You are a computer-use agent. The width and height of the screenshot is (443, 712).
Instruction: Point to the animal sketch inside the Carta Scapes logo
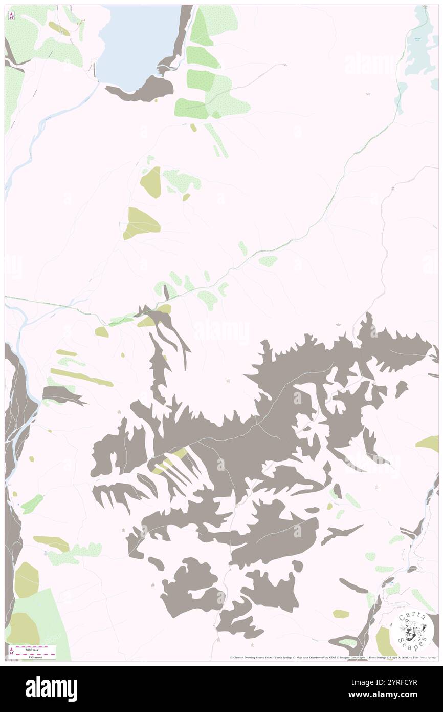[412, 629]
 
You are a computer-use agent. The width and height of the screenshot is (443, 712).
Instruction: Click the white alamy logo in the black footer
[51, 688]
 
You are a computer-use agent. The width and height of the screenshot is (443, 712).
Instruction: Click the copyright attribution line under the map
[333, 657]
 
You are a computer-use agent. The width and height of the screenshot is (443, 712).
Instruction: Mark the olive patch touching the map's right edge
[430, 444]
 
